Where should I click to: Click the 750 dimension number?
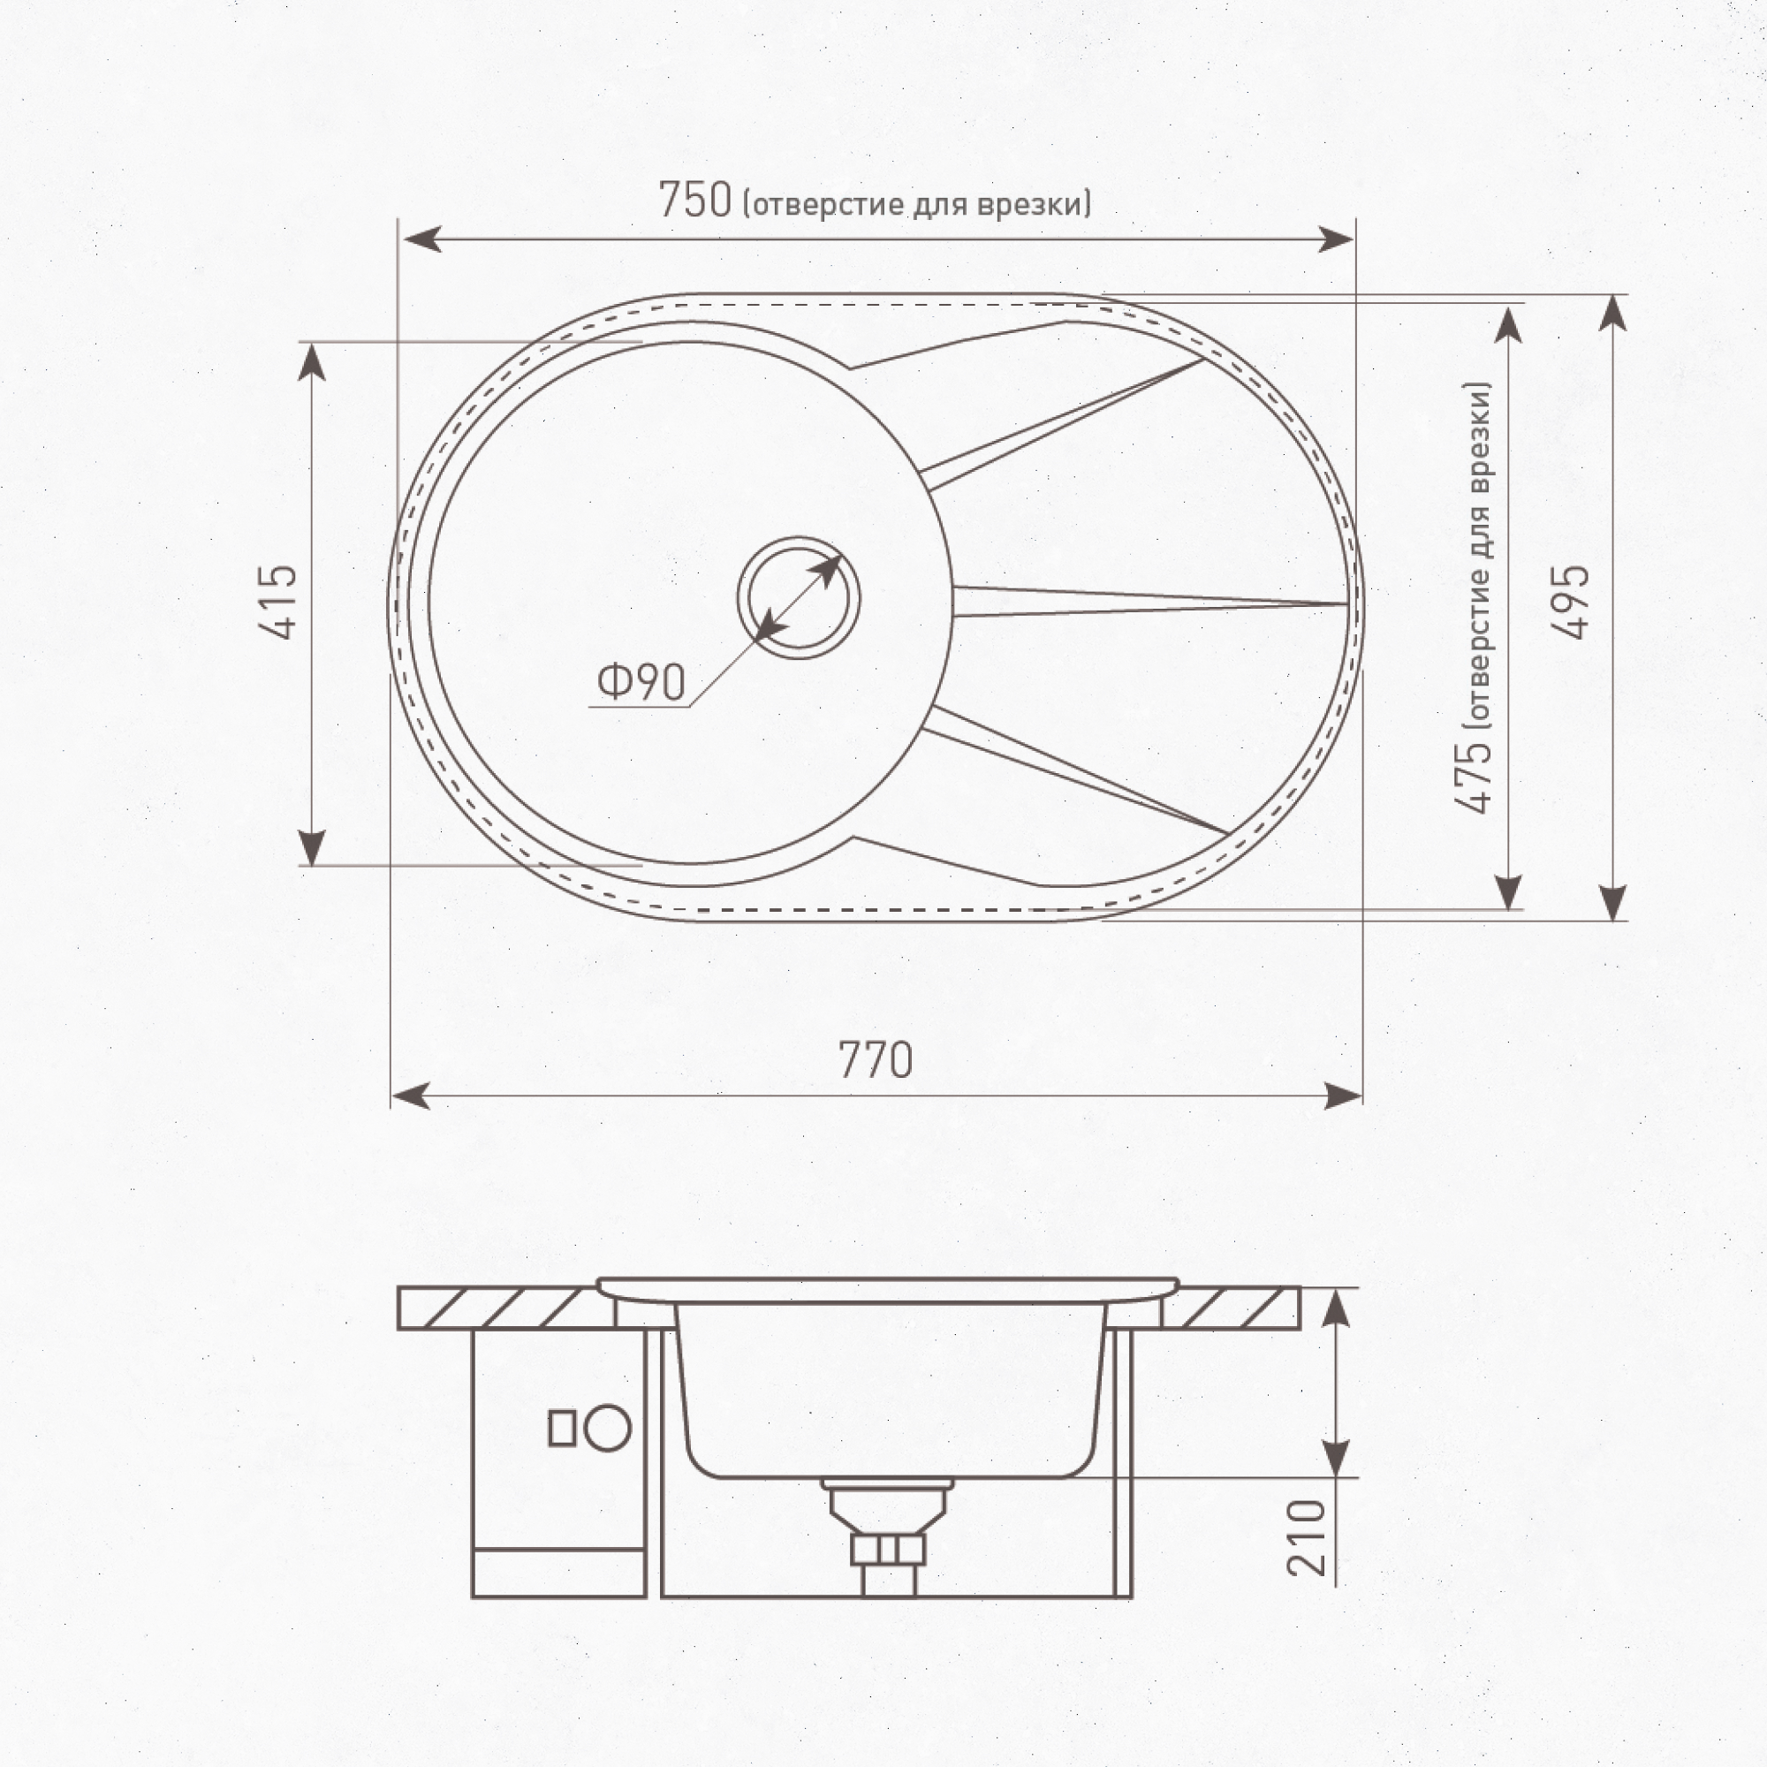coord(695,201)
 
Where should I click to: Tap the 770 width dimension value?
coord(876,1061)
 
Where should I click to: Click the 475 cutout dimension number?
coord(1474,776)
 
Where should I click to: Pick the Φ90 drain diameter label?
coord(641,681)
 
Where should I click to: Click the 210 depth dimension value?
coord(1306,1537)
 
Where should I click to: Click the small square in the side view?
coord(562,1430)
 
